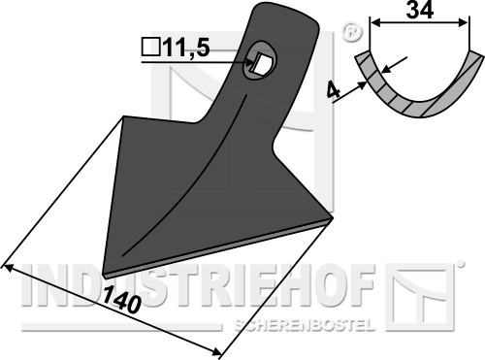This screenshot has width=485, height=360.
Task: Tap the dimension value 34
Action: tap(419, 10)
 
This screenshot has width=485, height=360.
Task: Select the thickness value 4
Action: tap(334, 90)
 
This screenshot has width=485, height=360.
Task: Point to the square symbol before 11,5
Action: tap(151, 48)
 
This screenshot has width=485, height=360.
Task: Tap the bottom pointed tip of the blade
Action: tap(104, 274)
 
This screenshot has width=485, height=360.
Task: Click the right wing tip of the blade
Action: tap(332, 217)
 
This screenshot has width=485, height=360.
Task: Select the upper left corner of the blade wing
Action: tap(124, 116)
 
